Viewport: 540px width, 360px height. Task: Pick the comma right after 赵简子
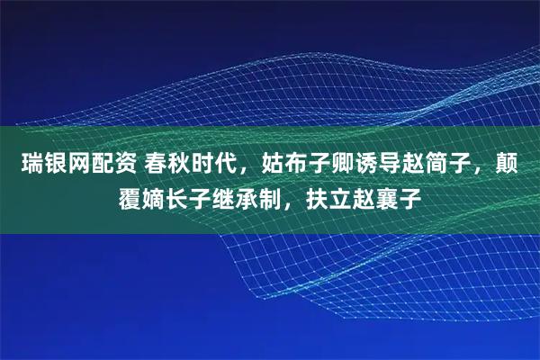pos(490,171)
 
